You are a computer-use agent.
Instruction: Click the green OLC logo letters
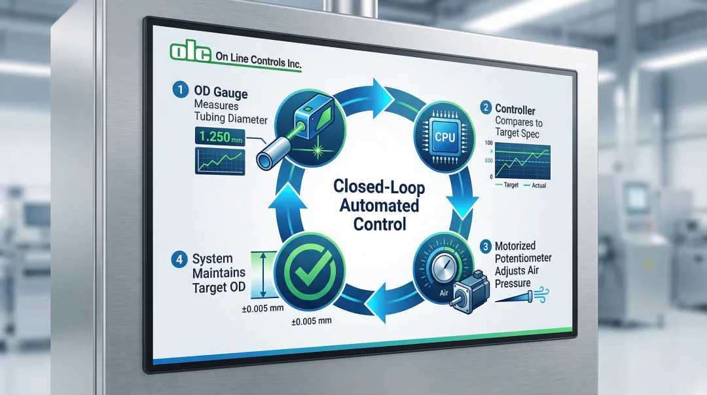[190, 52]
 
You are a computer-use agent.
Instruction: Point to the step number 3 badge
[485, 247]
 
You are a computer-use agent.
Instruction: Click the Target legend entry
[509, 185]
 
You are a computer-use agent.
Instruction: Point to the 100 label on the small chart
[488, 142]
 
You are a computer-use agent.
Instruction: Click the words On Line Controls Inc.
[259, 58]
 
